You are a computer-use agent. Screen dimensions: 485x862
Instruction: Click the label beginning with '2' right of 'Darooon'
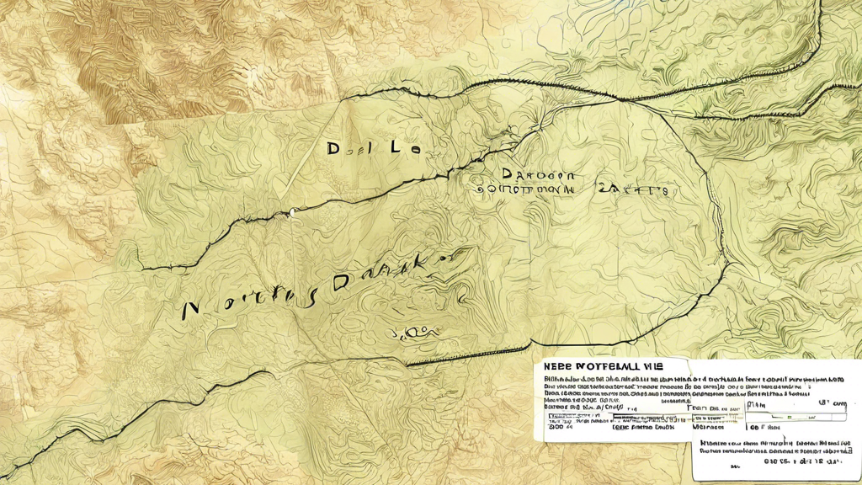click(x=632, y=190)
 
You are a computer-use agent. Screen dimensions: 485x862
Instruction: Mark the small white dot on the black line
click(x=292, y=212)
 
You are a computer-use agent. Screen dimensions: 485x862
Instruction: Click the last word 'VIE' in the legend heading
click(x=651, y=367)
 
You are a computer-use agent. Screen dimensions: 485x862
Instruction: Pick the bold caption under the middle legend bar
click(x=644, y=427)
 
